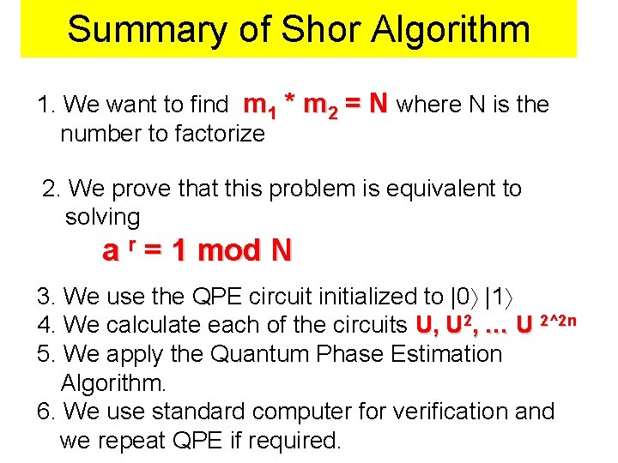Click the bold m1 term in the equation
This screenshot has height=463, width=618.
pyautogui.click(x=259, y=105)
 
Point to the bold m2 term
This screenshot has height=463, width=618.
pyautogui.click(x=321, y=105)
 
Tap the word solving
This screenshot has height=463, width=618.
pyautogui.click(x=102, y=217)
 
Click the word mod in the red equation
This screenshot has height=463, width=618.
pyautogui.click(x=230, y=250)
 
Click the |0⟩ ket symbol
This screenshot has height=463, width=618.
pyautogui.click(x=464, y=297)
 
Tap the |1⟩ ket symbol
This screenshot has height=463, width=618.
pyautogui.click(x=501, y=297)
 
